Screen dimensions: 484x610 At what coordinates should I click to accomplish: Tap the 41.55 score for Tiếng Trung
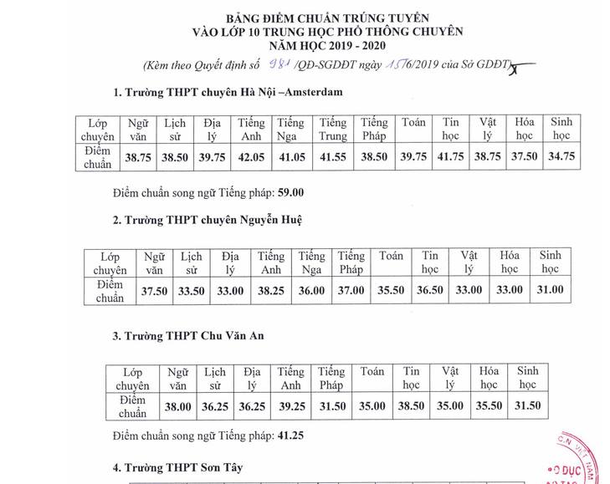[333, 156]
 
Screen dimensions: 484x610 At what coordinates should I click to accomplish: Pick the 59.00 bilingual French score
[290, 192]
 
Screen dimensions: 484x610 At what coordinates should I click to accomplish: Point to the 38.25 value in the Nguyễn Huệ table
[271, 290]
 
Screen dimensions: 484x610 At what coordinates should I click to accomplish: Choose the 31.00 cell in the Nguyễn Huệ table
[549, 290]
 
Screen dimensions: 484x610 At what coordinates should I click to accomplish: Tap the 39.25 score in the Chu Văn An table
[291, 406]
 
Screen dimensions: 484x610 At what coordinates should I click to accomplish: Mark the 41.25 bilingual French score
[290, 436]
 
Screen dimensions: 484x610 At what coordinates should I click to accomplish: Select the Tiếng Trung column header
[332, 128]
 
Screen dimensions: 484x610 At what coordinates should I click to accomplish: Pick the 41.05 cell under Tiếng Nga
[292, 156]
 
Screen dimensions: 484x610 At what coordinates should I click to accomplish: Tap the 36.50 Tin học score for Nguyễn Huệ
[429, 290]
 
